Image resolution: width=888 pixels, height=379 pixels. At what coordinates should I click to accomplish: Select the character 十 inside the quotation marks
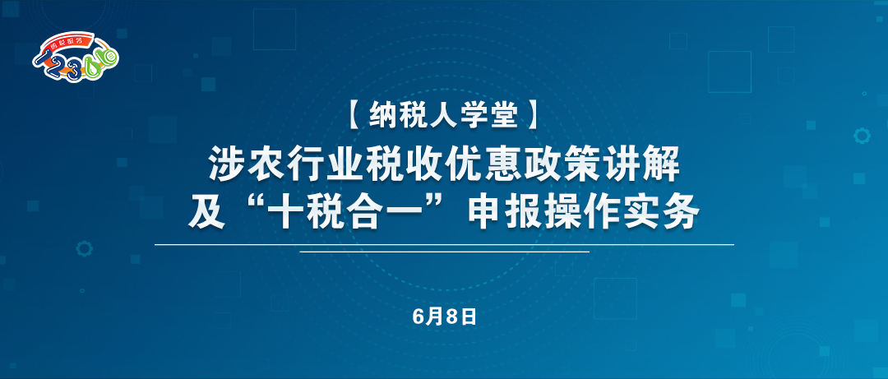289,212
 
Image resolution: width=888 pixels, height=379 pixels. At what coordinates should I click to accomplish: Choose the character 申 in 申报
485,212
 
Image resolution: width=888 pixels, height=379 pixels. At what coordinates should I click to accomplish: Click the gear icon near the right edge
862,136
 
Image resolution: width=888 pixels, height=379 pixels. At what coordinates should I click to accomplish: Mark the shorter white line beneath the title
445,251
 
